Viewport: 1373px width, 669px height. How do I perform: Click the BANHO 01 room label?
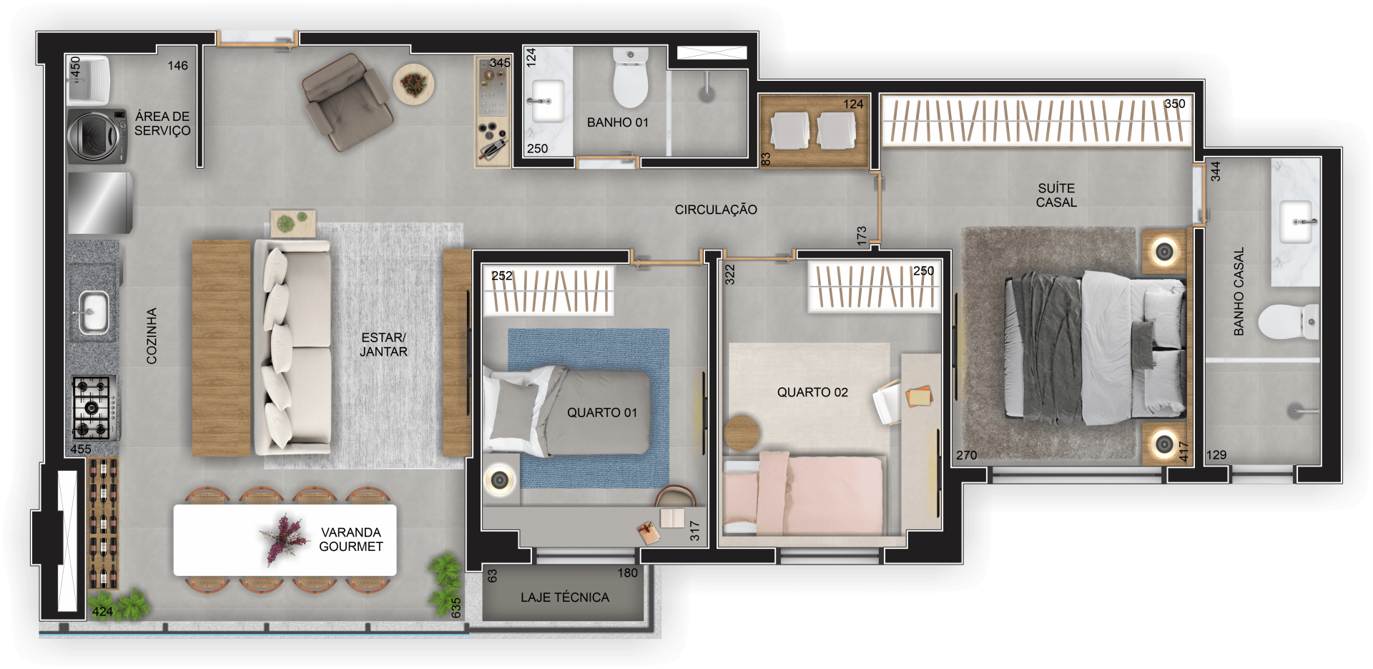click(x=618, y=122)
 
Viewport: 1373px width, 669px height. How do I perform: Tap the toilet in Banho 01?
click(x=630, y=77)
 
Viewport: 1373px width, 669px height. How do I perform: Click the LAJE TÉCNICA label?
click(x=565, y=597)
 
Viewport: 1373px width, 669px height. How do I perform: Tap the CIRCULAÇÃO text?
click(x=716, y=210)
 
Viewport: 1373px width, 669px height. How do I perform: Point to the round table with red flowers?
click(x=413, y=84)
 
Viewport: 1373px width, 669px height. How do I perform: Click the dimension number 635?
click(x=456, y=607)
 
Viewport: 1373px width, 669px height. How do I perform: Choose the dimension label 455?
click(x=81, y=449)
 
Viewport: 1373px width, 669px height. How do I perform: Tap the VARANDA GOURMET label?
click(x=351, y=539)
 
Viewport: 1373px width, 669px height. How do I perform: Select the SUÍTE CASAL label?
click(x=1056, y=195)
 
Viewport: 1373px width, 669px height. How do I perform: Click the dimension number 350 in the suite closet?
click(x=1174, y=104)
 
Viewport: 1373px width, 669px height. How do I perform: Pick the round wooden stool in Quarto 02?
click(x=742, y=434)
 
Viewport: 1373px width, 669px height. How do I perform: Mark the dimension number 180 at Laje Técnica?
click(x=628, y=573)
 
